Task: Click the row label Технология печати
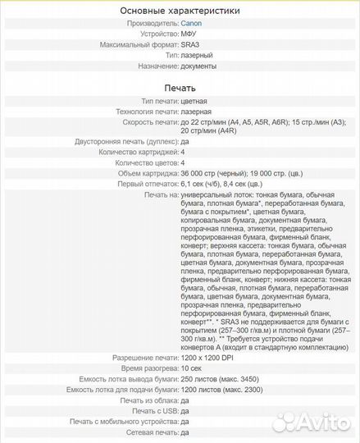139,112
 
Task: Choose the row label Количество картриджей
138,152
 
